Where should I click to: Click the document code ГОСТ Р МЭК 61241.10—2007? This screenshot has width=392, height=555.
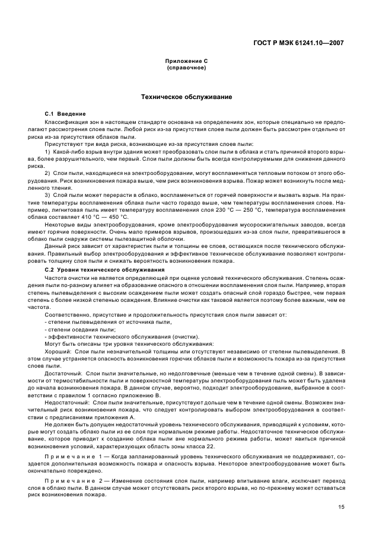(299, 43)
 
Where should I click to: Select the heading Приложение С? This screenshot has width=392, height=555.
(186, 61)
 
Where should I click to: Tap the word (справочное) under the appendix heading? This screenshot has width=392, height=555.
(186, 68)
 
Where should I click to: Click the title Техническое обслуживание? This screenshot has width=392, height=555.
(186, 96)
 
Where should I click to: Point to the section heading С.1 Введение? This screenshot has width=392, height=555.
(66, 113)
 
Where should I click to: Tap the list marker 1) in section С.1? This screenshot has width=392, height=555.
(48, 152)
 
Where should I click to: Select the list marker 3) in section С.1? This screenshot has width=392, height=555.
(48, 194)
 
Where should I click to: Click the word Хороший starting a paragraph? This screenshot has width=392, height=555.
(58, 352)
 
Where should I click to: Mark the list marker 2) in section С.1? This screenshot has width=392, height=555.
(48, 173)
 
